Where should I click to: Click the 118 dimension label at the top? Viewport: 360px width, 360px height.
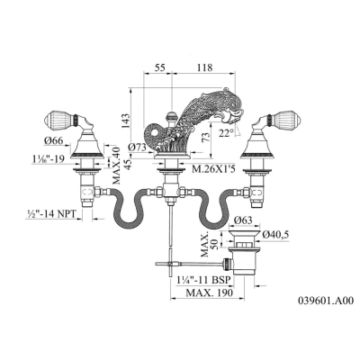click(204, 67)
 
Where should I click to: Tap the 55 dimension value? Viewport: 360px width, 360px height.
click(160, 67)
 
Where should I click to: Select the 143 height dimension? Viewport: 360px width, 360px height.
click(126, 121)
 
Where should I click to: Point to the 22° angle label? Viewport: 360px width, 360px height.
click(227, 133)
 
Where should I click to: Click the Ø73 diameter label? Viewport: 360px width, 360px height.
click(137, 148)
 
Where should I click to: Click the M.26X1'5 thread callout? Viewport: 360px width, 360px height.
click(212, 170)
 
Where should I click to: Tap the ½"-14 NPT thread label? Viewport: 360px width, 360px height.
click(50, 213)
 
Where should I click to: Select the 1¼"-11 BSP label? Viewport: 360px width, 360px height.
click(203, 280)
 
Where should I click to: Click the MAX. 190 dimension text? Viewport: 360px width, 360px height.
click(209, 292)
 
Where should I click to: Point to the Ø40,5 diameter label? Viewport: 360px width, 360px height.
click(275, 235)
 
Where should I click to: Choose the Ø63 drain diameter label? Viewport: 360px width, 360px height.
click(244, 220)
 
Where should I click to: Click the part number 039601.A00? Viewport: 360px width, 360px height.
click(326, 301)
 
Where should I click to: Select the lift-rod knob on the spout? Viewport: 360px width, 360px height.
click(171, 115)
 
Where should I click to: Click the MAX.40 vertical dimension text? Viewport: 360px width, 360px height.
click(116, 166)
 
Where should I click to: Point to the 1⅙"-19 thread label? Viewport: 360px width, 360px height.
click(49, 159)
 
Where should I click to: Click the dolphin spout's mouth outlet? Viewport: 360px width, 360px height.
click(235, 120)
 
